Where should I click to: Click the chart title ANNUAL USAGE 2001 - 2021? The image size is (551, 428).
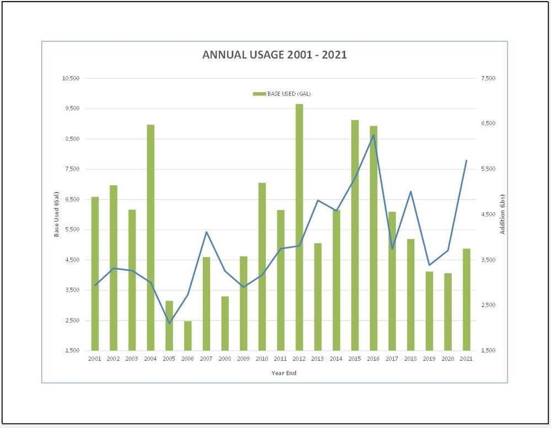click(275, 55)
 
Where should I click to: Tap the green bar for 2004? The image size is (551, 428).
click(151, 237)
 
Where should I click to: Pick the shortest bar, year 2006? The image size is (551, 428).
click(188, 336)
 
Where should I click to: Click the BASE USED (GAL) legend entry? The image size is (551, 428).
click(282, 94)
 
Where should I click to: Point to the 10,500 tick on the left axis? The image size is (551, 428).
click(71, 78)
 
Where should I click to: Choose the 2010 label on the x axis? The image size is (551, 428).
click(262, 359)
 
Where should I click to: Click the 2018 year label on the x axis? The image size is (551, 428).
click(410, 359)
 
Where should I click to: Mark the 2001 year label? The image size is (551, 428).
click(95, 359)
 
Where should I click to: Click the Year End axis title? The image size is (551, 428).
click(283, 373)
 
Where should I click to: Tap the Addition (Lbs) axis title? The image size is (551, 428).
click(502, 214)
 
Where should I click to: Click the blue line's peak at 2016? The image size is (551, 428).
click(373, 135)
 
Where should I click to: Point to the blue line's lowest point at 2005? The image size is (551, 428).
click(169, 323)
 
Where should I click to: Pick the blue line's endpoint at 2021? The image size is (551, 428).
click(467, 160)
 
